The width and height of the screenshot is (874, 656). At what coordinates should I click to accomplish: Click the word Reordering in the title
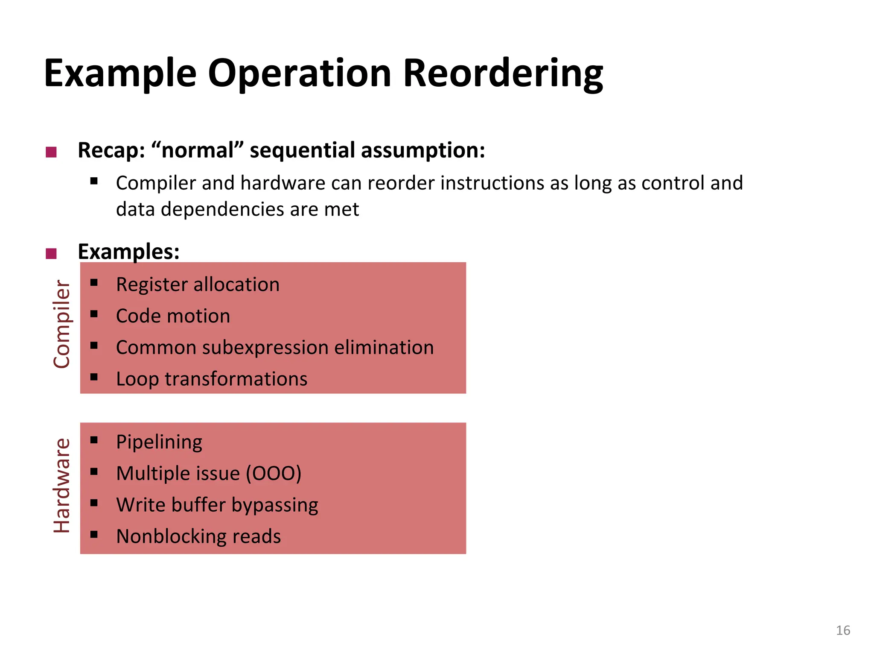tap(503, 73)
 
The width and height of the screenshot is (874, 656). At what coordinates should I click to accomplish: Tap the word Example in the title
tap(120, 73)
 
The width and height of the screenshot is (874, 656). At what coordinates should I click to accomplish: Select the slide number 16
tap(843, 630)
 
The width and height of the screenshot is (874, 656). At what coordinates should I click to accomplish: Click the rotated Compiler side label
tap(61, 324)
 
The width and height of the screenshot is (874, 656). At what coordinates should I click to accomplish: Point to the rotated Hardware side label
tap(61, 486)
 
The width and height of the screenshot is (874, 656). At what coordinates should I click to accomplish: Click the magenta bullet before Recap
tap(51, 152)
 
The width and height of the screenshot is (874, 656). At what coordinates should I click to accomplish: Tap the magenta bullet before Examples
tap(51, 254)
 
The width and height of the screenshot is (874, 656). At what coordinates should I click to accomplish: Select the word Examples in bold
tap(128, 252)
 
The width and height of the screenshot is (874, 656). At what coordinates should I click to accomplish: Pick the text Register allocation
tap(198, 284)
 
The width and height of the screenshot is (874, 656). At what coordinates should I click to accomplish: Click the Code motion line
tap(173, 316)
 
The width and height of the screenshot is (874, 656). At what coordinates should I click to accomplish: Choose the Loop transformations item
tap(212, 379)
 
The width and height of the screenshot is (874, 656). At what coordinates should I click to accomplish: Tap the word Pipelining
tap(159, 442)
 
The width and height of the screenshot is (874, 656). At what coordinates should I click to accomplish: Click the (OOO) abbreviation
tap(274, 473)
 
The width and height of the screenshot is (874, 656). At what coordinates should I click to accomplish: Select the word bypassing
tap(275, 505)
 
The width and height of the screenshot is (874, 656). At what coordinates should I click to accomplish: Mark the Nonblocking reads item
tap(198, 536)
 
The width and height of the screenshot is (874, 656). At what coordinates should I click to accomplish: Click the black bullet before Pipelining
tap(94, 440)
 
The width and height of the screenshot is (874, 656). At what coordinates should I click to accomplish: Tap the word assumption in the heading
tap(423, 150)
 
